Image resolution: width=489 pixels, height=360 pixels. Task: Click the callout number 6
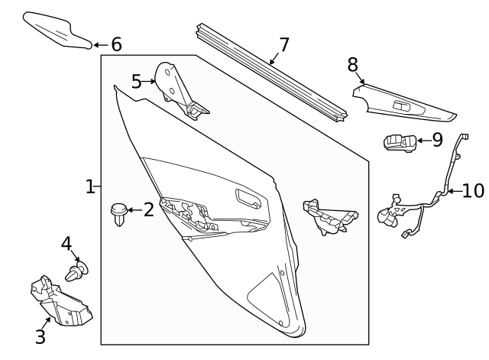116,44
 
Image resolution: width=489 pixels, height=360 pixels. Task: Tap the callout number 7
284,45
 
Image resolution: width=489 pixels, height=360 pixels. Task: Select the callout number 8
353,65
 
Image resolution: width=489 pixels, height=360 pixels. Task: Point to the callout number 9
437,140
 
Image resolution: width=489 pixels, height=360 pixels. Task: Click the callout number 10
473,190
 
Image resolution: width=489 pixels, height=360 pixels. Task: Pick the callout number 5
136,82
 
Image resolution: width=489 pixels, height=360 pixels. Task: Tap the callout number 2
149,209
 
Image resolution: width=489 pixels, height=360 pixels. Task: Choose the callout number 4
66,244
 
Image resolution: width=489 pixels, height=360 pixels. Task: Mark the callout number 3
40,336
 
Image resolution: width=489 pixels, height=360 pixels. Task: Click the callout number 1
90,186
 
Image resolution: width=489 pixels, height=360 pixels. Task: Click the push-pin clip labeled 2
119,214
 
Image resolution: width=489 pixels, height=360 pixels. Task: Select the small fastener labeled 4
76,271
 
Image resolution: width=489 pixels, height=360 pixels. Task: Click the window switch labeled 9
400,143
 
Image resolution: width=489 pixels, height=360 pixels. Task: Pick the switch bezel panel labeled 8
405,103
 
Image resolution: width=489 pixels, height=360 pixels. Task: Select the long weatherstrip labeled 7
272,73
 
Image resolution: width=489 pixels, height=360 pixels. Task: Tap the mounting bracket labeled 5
179,90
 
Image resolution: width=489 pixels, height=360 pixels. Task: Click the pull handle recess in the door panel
248,199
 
